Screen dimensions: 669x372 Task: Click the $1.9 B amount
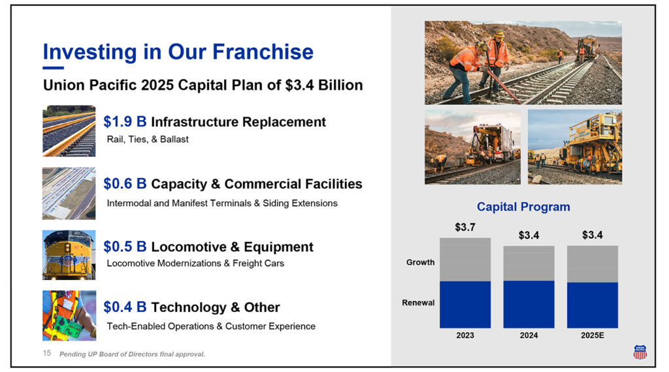click(x=125, y=122)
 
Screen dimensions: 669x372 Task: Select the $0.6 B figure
click(x=125, y=183)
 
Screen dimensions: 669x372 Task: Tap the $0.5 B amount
click(x=125, y=247)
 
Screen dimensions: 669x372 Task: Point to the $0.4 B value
click(x=125, y=307)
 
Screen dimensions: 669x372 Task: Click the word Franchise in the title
click(x=263, y=52)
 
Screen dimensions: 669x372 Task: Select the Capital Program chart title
click(x=523, y=207)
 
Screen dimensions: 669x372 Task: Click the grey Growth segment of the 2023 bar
click(x=465, y=260)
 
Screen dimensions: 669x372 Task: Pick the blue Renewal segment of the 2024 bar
click(x=529, y=304)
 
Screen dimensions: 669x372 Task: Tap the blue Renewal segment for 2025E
click(x=592, y=305)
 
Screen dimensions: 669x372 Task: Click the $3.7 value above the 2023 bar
click(x=465, y=227)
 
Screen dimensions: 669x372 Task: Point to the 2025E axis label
click(x=592, y=335)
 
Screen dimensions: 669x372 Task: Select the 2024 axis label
click(x=529, y=335)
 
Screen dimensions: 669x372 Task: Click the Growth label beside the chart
click(x=420, y=262)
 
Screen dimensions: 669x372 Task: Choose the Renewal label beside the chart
click(x=418, y=303)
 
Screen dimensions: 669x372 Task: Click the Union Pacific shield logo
click(x=640, y=352)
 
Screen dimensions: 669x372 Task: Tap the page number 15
click(x=47, y=353)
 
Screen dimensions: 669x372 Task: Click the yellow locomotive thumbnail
click(x=69, y=255)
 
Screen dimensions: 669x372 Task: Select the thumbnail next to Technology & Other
click(x=69, y=316)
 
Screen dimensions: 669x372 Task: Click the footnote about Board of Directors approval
click(x=132, y=354)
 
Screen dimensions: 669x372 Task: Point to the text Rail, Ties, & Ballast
click(x=148, y=140)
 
